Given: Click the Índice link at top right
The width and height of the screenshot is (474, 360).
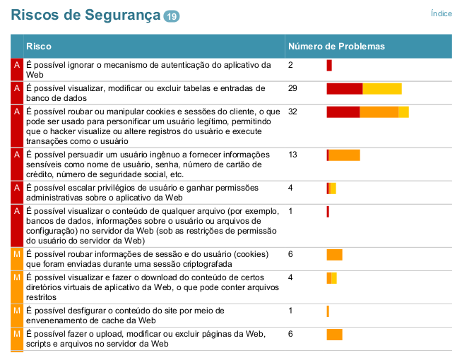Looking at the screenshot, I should point(442,13).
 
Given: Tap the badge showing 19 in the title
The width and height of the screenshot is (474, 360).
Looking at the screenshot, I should point(172,16).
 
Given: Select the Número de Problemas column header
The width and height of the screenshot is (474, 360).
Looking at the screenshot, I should point(336,47).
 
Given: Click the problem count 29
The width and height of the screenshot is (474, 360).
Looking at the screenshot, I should point(293,88).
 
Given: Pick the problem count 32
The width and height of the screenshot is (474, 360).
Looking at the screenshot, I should point(293,112).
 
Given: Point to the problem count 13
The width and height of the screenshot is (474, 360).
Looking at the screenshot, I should point(293,155).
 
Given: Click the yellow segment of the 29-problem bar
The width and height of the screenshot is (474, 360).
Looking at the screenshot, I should point(381,88).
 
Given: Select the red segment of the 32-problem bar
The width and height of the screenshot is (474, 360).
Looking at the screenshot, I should point(343,112).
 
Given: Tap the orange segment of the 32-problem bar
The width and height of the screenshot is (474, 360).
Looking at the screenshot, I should point(379,112).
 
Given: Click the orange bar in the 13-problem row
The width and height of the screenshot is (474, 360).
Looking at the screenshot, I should point(345,155).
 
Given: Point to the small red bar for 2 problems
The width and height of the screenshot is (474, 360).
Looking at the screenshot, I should point(329,66).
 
